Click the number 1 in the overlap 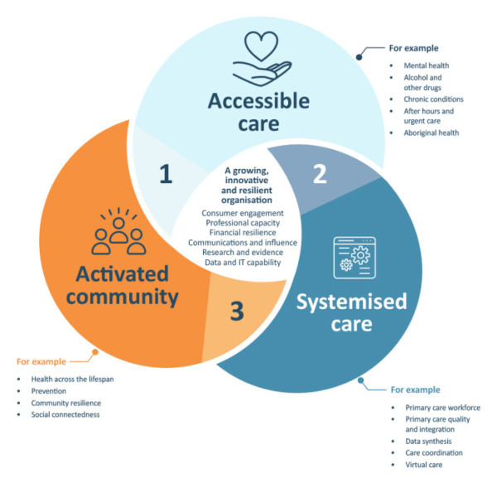point(166,175)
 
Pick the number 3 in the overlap point(237,311)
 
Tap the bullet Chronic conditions point(433,99)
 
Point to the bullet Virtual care point(423,465)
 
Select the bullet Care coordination point(434,453)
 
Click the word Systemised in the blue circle point(352,301)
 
